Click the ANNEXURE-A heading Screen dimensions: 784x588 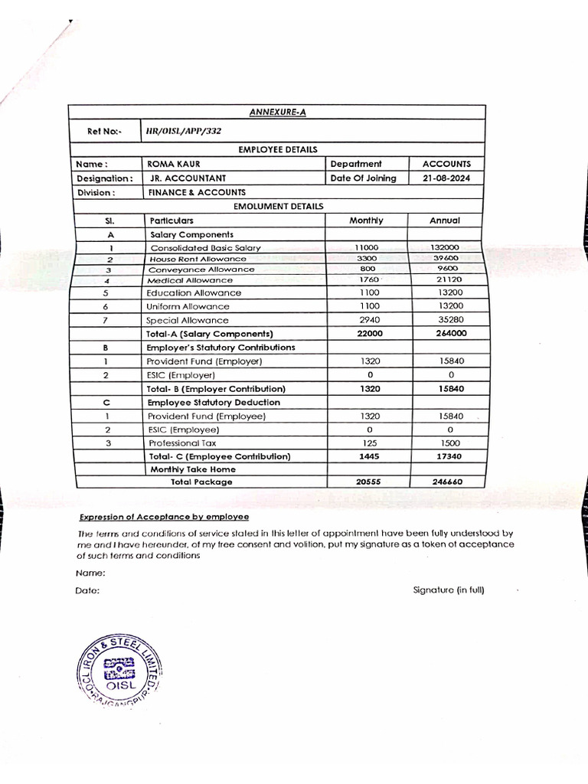(277, 113)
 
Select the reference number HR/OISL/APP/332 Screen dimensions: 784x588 (184, 131)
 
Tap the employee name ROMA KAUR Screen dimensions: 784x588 (174, 164)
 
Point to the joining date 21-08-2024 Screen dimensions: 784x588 (446, 178)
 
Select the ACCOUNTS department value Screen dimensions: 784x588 (446, 164)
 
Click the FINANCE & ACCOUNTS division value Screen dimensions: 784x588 (197, 192)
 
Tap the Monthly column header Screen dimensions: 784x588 (366, 220)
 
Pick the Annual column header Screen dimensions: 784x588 (445, 220)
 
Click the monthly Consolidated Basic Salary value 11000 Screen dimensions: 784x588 (366, 247)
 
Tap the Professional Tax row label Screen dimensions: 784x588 (183, 443)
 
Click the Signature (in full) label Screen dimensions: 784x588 (448, 590)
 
